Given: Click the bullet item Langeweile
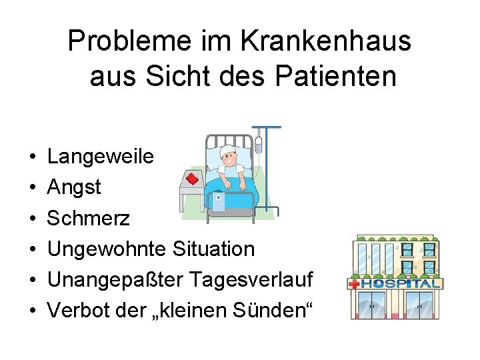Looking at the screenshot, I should tap(101, 157).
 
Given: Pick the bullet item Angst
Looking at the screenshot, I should tap(74, 187).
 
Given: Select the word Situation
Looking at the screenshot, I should tap(213, 249).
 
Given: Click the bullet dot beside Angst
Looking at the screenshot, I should tap(33, 188).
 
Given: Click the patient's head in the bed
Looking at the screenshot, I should tap(229, 156).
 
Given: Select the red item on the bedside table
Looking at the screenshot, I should tap(194, 179).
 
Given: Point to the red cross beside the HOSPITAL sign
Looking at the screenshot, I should tap(353, 283).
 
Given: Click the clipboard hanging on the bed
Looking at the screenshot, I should tap(218, 199).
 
